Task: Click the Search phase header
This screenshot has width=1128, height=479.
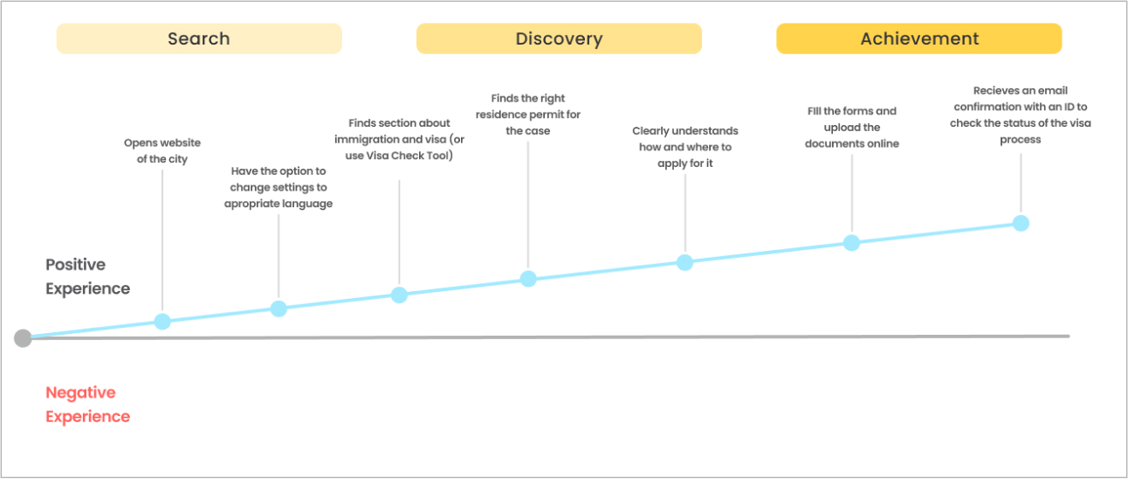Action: point(199,38)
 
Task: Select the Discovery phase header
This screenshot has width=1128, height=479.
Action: point(559,38)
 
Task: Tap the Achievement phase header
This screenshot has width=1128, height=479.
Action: point(919,38)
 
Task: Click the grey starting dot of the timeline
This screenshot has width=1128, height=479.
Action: point(23,337)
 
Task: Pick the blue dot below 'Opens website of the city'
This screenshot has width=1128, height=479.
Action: point(162,321)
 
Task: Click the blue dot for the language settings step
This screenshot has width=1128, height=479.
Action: point(279,309)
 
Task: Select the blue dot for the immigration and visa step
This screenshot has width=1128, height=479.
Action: point(399,295)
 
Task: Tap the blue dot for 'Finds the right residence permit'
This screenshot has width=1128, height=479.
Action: point(528,278)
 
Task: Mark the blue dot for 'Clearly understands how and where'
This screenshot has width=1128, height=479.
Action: point(684,262)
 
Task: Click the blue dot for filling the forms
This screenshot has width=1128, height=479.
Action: point(851,242)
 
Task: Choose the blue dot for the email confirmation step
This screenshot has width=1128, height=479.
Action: point(1021,223)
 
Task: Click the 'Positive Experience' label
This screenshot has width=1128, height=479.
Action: point(87,276)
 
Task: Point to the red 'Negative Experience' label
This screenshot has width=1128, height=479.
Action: point(87,405)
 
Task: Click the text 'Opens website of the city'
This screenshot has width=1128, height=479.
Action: point(162,150)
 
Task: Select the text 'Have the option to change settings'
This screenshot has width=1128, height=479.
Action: point(279,179)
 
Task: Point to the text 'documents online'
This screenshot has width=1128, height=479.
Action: point(851,143)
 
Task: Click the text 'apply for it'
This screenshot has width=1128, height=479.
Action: point(684,163)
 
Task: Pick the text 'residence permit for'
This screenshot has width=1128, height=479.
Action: point(527,115)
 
